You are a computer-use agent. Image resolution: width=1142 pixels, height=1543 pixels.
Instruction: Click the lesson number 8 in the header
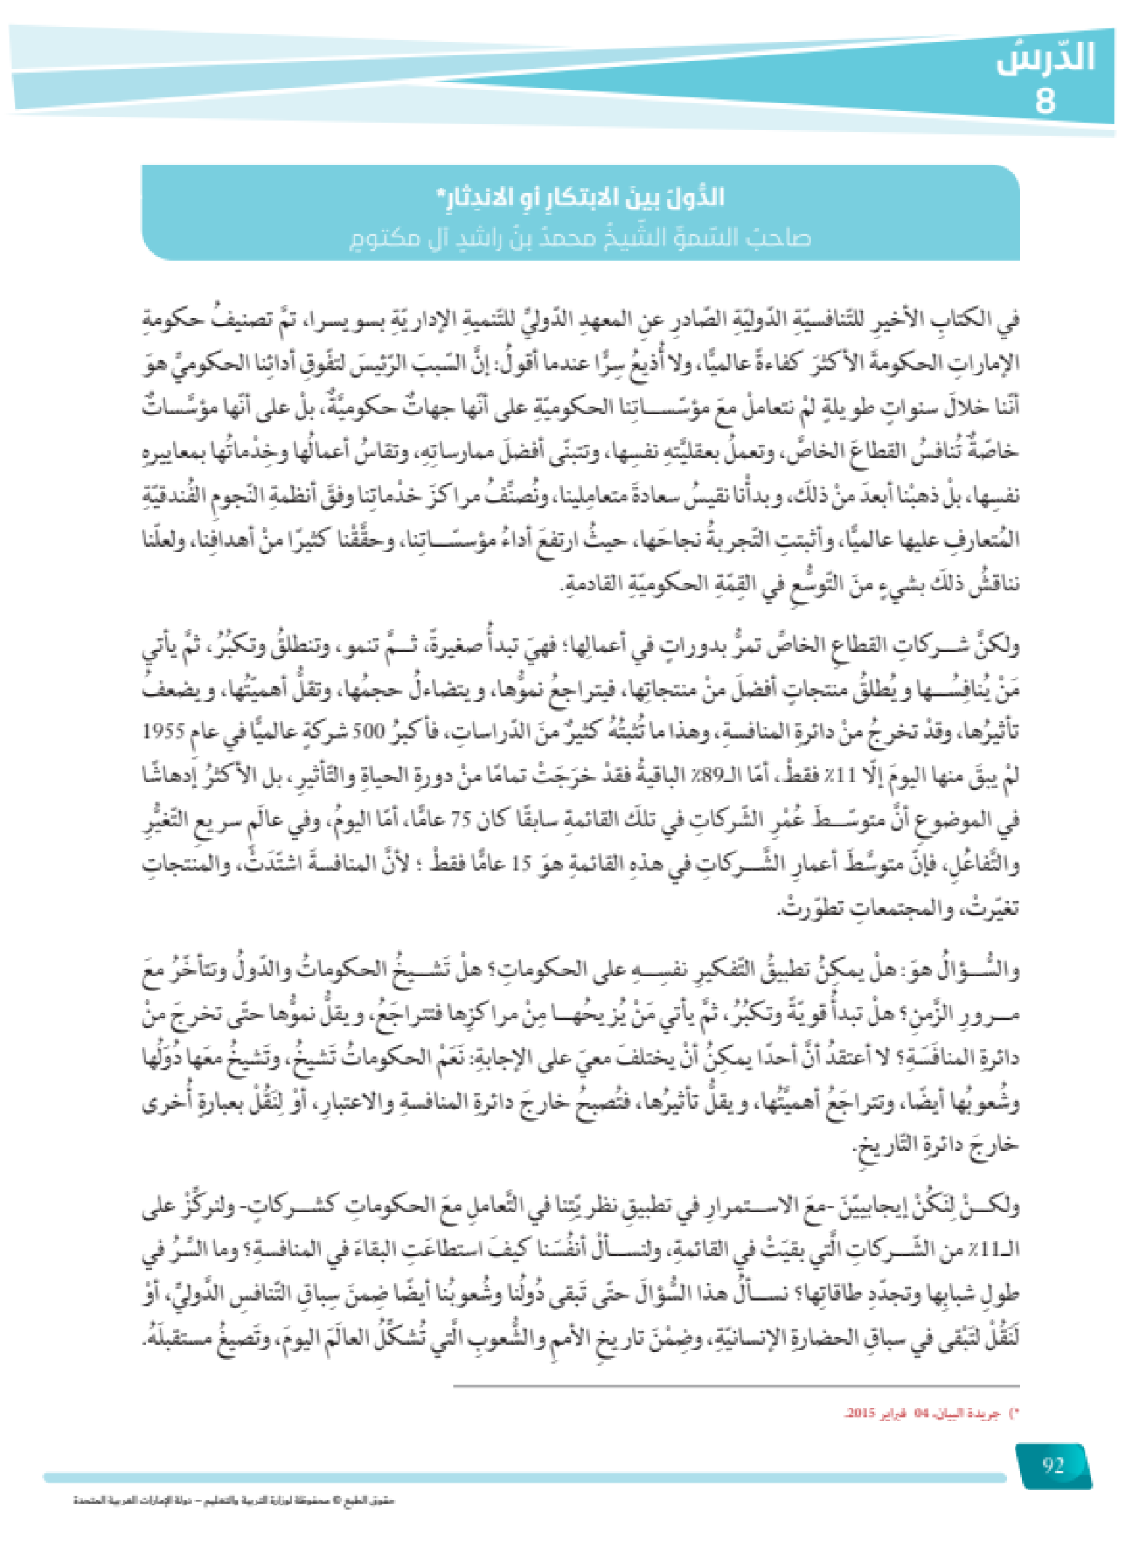[1045, 101]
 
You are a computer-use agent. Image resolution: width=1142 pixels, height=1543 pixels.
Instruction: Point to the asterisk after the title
[439, 193]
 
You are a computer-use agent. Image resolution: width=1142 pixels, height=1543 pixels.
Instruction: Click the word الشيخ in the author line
[625, 237]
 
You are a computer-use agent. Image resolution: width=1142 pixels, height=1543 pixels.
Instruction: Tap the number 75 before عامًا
[461, 820]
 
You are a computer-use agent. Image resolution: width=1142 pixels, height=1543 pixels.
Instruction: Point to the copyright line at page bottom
[233, 1501]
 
